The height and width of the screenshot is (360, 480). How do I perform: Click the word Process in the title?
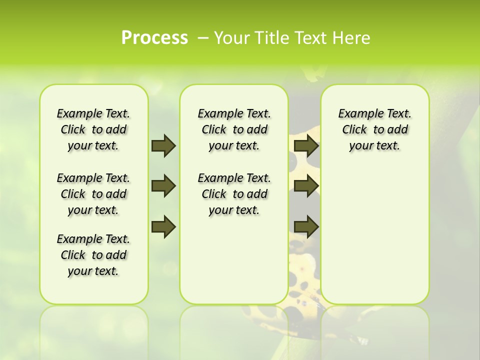pos(154,37)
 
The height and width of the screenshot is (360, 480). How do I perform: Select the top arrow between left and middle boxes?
pos(163,145)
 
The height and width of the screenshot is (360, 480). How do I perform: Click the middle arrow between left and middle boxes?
pos(163,186)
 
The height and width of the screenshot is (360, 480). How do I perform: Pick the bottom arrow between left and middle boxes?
pos(163,226)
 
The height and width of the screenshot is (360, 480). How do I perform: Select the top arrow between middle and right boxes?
pos(306,145)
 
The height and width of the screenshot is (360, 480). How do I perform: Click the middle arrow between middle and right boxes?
pos(306,186)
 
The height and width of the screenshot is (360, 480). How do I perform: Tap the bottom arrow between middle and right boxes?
pos(306,226)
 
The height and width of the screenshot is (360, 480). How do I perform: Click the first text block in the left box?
pos(93,129)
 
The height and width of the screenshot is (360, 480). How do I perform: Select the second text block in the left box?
pos(93,194)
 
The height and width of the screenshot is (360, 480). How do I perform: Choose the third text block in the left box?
pos(93,255)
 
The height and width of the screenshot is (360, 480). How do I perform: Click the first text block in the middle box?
pos(234,129)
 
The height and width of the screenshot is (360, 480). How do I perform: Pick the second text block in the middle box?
pos(234,194)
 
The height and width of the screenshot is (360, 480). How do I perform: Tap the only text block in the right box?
pos(375,129)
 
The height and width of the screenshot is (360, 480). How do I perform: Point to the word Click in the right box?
pos(354,130)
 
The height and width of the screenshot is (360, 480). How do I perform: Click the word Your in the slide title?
pos(230,38)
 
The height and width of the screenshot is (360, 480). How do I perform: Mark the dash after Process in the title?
pos(203,38)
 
